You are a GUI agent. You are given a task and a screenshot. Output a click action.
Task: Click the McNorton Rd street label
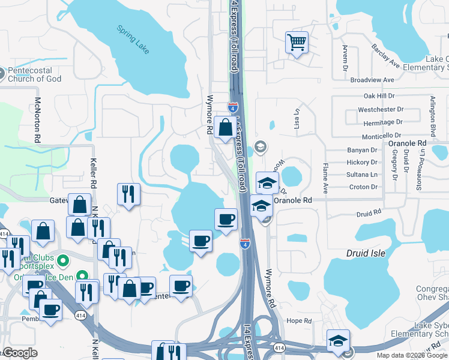pyautogui.click(x=37, y=119)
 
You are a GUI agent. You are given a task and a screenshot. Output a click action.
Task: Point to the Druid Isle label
pyautogui.click(x=366, y=253)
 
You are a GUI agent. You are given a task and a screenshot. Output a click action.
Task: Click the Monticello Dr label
pyautogui.click(x=382, y=136)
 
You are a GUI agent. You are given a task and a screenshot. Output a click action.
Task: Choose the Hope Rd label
pyautogui.click(x=298, y=321)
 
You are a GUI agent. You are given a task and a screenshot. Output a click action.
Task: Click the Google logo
pyautogui.click(x=20, y=353)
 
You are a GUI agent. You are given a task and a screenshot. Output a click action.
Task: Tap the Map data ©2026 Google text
pyautogui.click(x=412, y=355)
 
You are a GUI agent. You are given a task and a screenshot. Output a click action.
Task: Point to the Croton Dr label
pyautogui.click(x=363, y=187)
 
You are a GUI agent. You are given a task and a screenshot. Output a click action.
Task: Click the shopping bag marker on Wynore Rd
pyautogui.click(x=225, y=128)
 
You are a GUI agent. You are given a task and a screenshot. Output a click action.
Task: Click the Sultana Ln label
pyautogui.click(x=362, y=175)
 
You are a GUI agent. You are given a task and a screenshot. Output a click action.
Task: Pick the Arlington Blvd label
pyautogui.click(x=432, y=115)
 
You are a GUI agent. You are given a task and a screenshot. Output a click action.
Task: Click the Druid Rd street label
pyautogui.click(x=369, y=213)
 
